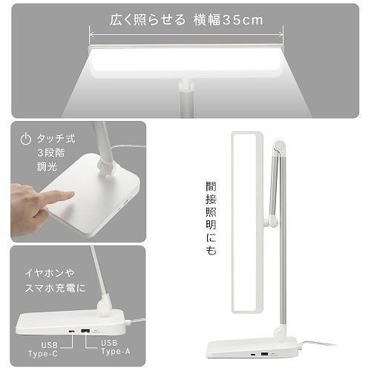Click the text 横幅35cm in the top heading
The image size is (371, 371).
tap(227, 19)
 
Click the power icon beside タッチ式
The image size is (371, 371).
tap(25, 138)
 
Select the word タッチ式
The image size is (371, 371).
tap(56, 138)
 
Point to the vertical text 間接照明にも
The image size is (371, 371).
tap(211, 219)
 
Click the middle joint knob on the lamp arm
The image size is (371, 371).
tap(273, 220)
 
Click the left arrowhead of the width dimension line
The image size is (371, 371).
tap(92, 33)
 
